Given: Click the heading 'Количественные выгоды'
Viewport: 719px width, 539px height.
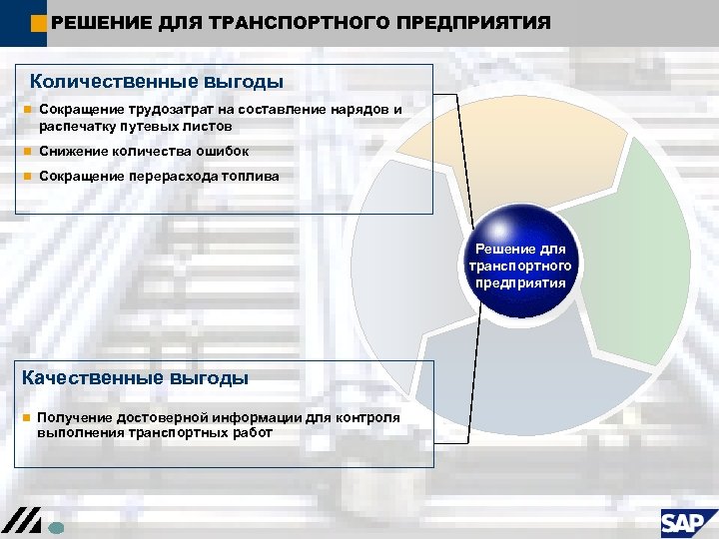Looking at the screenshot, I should [157, 81].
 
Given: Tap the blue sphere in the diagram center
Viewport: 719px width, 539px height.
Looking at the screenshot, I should [520, 262].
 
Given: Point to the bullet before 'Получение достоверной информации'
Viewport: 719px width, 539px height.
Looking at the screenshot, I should [26, 417].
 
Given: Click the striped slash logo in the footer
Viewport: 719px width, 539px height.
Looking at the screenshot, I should [21, 522].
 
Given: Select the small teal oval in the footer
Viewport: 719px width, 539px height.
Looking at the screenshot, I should [57, 529].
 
